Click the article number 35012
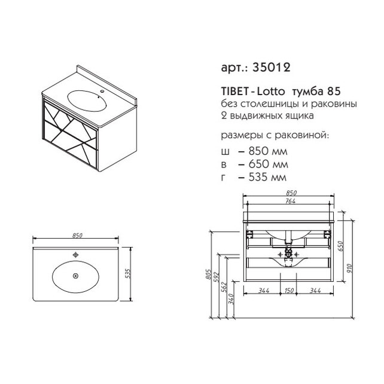pyautogui.click(x=272, y=67)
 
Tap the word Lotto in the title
pyautogui.click(x=271, y=92)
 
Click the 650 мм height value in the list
pyautogui.click(x=268, y=164)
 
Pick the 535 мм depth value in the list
pyautogui.click(x=267, y=177)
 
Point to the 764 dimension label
pyautogui.click(x=291, y=201)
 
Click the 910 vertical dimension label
pyautogui.click(x=349, y=269)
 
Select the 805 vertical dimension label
pyautogui.click(x=208, y=275)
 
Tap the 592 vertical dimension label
pyautogui.click(x=217, y=277)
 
